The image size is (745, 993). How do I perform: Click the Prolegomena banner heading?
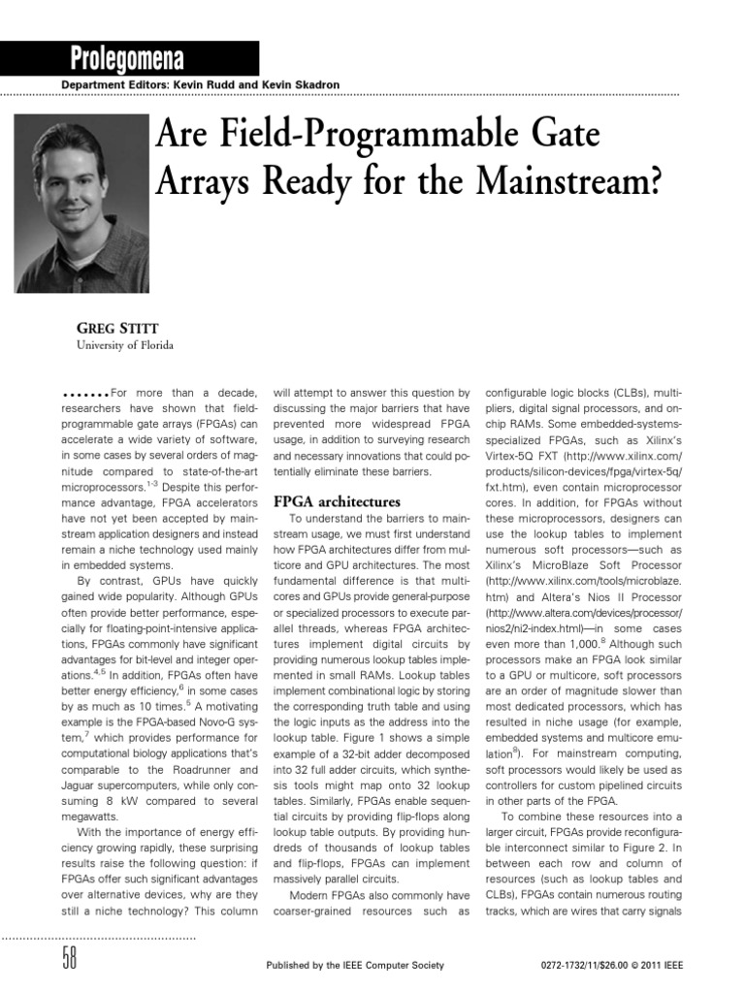(x=127, y=58)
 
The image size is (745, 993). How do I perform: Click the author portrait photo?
(x=81, y=205)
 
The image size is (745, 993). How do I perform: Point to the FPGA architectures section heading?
(x=338, y=502)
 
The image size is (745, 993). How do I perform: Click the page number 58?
(x=69, y=960)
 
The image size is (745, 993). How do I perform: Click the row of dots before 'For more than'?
(x=84, y=393)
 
